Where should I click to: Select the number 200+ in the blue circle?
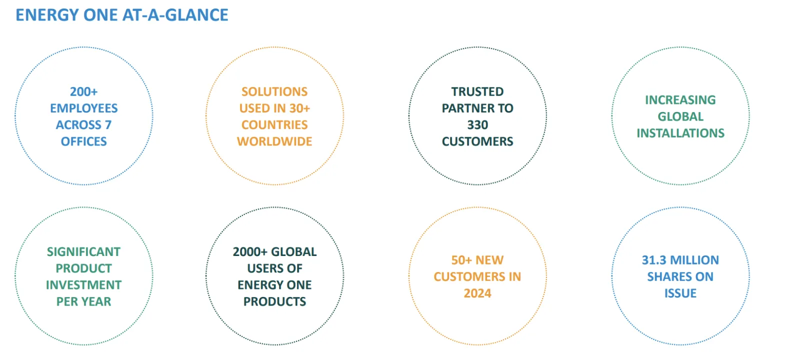point(83,92)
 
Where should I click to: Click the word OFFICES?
point(83,141)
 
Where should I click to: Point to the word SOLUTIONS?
point(274,92)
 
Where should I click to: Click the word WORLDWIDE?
point(274,141)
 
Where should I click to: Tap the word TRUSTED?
point(477,92)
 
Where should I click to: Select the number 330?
point(477,125)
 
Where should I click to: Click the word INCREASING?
point(680,100)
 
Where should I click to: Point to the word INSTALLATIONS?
point(680,133)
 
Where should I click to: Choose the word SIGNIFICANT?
point(83,252)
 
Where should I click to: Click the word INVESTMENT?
point(83,285)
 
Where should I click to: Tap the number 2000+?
point(250,252)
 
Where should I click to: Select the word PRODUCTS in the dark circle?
point(274,301)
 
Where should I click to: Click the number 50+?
point(461,260)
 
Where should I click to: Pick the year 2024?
point(477,293)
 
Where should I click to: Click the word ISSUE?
point(680,293)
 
